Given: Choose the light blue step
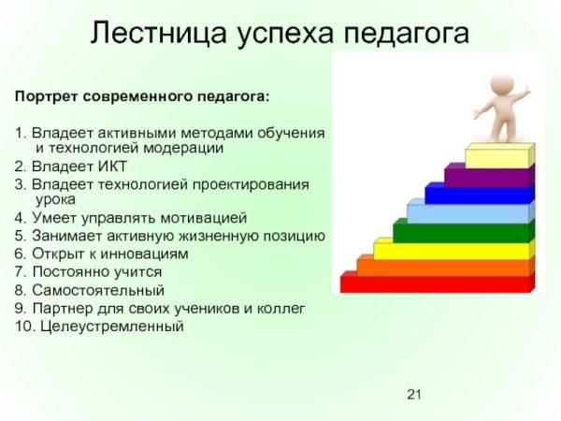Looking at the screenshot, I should point(467,214).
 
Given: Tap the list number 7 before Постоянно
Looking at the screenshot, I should point(20,271).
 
